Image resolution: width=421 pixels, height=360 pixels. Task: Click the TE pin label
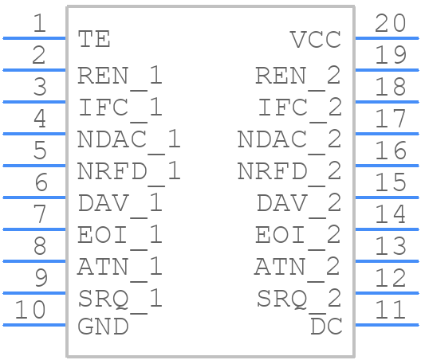94,39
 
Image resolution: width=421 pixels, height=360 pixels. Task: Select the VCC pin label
316,39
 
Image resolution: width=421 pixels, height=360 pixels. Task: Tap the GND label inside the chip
103,327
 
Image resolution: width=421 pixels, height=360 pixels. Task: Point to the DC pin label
326,326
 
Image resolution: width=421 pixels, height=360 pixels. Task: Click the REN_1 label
120,78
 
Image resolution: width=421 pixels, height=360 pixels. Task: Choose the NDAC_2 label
289,142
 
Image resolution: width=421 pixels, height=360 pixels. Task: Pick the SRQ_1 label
120,301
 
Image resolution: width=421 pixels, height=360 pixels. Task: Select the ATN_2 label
297,269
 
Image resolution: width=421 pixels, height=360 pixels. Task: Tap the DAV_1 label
120,205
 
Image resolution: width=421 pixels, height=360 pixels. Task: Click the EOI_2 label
298,237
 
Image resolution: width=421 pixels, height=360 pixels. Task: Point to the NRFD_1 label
129,174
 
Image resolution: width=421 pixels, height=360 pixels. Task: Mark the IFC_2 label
300,110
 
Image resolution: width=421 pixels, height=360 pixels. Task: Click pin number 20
390,23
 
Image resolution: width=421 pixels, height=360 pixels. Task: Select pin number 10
30,310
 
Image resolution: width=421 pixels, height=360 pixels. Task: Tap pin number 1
40,23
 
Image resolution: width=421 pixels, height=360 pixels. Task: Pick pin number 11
390,310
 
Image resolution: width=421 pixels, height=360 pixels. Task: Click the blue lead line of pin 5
34,166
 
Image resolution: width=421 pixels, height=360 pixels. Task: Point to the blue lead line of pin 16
387,166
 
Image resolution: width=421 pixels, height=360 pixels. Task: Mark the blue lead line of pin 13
387,261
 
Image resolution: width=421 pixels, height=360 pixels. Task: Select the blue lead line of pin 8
34,261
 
